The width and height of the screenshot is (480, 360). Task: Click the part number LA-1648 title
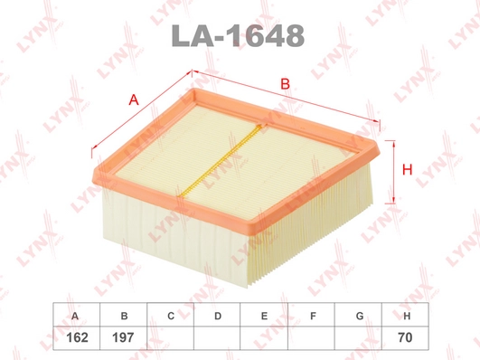238,36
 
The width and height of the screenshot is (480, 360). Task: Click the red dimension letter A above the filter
134,99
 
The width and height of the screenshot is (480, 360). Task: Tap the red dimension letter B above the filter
285,83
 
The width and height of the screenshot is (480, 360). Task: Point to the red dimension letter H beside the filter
407,169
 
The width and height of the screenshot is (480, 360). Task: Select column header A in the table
75,316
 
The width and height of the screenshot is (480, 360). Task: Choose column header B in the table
124,316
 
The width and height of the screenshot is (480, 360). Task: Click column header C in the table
171,316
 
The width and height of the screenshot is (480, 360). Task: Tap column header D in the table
218,316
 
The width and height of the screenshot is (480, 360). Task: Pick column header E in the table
264,316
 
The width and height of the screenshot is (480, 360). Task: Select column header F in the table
313,316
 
